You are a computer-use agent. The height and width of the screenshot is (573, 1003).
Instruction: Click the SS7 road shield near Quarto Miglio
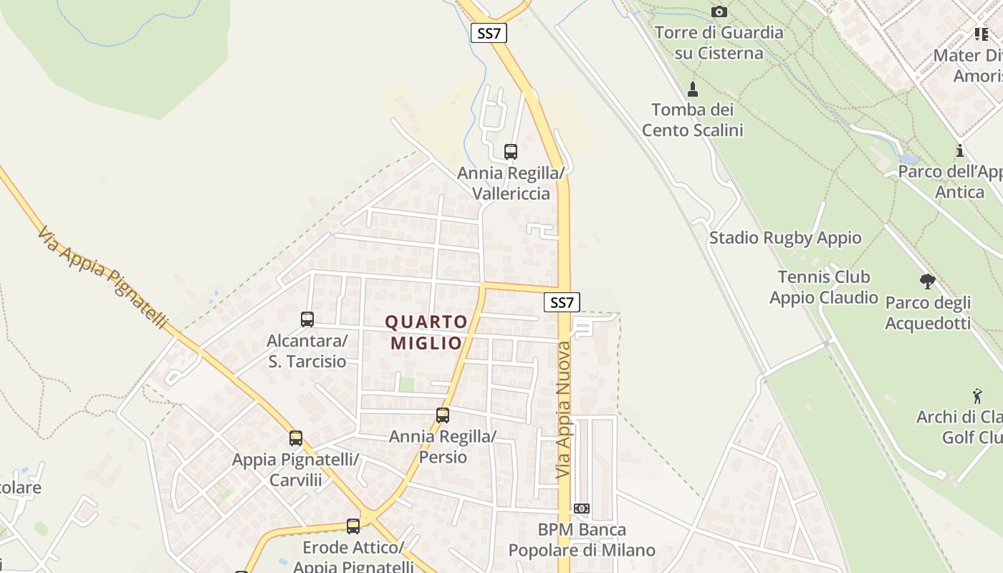[562, 302]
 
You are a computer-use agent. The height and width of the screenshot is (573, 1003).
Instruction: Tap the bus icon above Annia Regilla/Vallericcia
[510, 152]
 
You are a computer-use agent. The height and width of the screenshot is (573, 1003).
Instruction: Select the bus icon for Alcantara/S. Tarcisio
[307, 319]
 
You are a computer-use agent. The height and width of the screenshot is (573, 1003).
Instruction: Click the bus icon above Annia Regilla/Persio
[443, 415]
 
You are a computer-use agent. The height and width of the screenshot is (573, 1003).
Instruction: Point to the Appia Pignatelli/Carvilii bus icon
[295, 438]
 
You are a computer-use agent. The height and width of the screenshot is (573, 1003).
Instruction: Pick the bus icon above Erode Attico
[352, 526]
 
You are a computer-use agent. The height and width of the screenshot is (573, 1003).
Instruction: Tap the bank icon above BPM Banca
[582, 509]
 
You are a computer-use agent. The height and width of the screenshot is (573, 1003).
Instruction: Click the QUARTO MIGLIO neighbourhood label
[426, 332]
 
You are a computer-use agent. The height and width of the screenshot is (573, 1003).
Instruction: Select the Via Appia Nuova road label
[564, 410]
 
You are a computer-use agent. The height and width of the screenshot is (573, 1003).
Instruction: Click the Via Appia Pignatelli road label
[102, 278]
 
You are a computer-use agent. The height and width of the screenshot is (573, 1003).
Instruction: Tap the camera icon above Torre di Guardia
[719, 12]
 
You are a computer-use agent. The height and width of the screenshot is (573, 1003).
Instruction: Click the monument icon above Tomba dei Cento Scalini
[693, 90]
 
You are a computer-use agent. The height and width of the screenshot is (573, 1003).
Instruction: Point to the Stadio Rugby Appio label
[785, 238]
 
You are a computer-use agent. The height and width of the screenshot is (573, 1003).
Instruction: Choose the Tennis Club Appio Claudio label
[824, 287]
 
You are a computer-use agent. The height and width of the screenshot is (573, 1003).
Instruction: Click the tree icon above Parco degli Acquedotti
[927, 281]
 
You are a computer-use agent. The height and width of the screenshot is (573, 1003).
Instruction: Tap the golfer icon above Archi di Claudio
[977, 395]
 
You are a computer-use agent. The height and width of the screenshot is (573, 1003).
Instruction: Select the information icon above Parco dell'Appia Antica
[959, 151]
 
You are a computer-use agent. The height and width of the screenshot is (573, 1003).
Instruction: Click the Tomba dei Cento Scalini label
[692, 120]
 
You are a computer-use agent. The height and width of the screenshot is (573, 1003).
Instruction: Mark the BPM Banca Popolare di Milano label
[582, 540]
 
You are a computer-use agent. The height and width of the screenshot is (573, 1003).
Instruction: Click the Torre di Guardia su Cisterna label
[719, 43]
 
